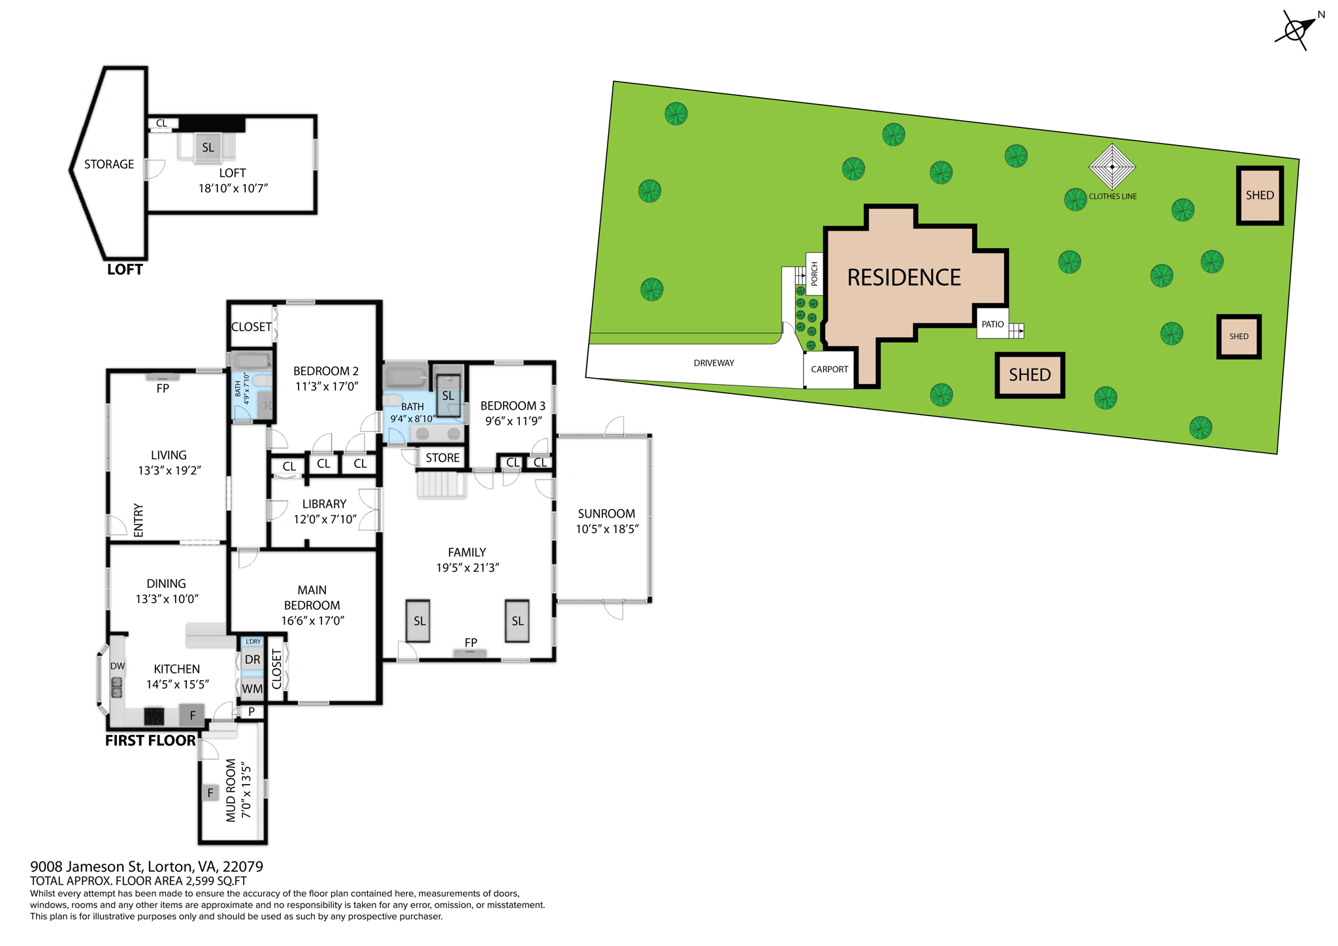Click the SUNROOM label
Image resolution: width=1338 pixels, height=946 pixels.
[606, 514]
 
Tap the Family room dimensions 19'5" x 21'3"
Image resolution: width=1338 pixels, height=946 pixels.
[467, 568]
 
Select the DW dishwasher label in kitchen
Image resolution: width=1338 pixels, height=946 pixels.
[118, 666]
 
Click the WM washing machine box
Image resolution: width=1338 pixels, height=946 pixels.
[252, 689]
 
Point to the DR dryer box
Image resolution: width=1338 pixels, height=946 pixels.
[252, 660]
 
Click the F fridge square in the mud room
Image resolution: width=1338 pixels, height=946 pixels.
[210, 793]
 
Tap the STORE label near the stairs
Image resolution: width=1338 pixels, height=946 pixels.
[442, 458]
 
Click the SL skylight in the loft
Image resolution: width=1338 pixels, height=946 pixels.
[208, 148]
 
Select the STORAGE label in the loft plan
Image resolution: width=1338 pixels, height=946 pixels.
[109, 165]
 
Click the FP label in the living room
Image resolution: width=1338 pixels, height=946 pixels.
[163, 388]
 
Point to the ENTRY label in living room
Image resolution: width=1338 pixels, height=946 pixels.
[139, 520]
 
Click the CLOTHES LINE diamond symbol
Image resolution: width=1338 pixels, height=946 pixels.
[1112, 167]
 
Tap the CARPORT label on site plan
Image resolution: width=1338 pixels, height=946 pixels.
[829, 369]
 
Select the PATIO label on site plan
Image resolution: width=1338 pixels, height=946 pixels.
[992, 324]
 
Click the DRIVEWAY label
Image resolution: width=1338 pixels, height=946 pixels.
[713, 363]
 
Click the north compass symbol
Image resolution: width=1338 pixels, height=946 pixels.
[1296, 29]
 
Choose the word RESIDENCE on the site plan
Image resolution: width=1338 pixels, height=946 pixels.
[904, 278]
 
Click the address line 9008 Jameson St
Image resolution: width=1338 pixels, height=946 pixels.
[146, 866]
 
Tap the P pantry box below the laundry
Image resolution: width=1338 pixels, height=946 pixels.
[252, 711]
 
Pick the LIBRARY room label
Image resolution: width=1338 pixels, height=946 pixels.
[324, 504]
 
